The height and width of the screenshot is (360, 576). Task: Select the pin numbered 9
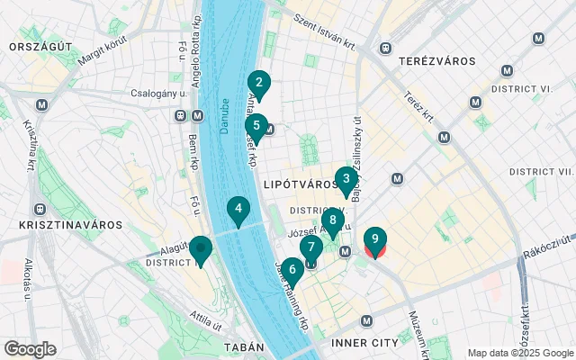(x=374, y=239)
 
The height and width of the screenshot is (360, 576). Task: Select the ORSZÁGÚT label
(x=36, y=46)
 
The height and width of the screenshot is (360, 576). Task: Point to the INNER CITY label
(x=364, y=343)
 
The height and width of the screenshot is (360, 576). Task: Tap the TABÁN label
(x=243, y=346)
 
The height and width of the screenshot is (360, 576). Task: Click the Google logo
(x=30, y=349)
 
